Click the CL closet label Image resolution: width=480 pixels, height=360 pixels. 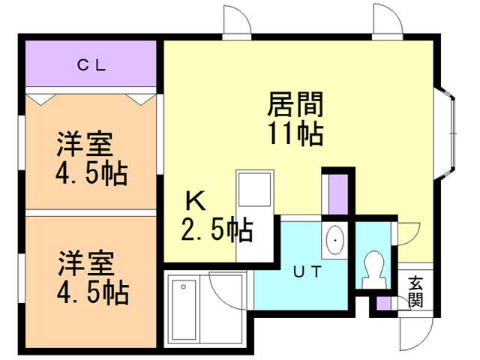click(x=92, y=65)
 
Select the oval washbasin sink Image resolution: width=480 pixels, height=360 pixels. click(x=334, y=240)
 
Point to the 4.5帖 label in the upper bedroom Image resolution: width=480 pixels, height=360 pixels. click(x=91, y=174)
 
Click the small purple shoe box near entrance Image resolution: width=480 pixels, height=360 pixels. click(x=385, y=304)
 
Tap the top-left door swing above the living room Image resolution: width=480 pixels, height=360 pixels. click(x=238, y=20)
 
